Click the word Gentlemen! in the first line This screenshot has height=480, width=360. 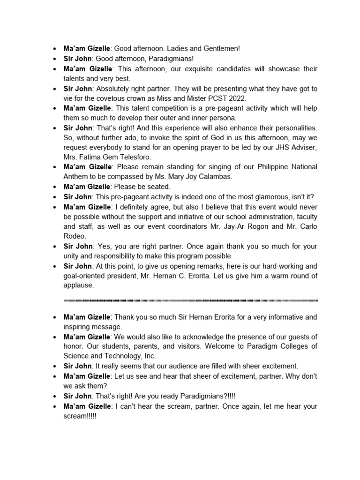[x=221, y=48]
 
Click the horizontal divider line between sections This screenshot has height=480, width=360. [x=190, y=300]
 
